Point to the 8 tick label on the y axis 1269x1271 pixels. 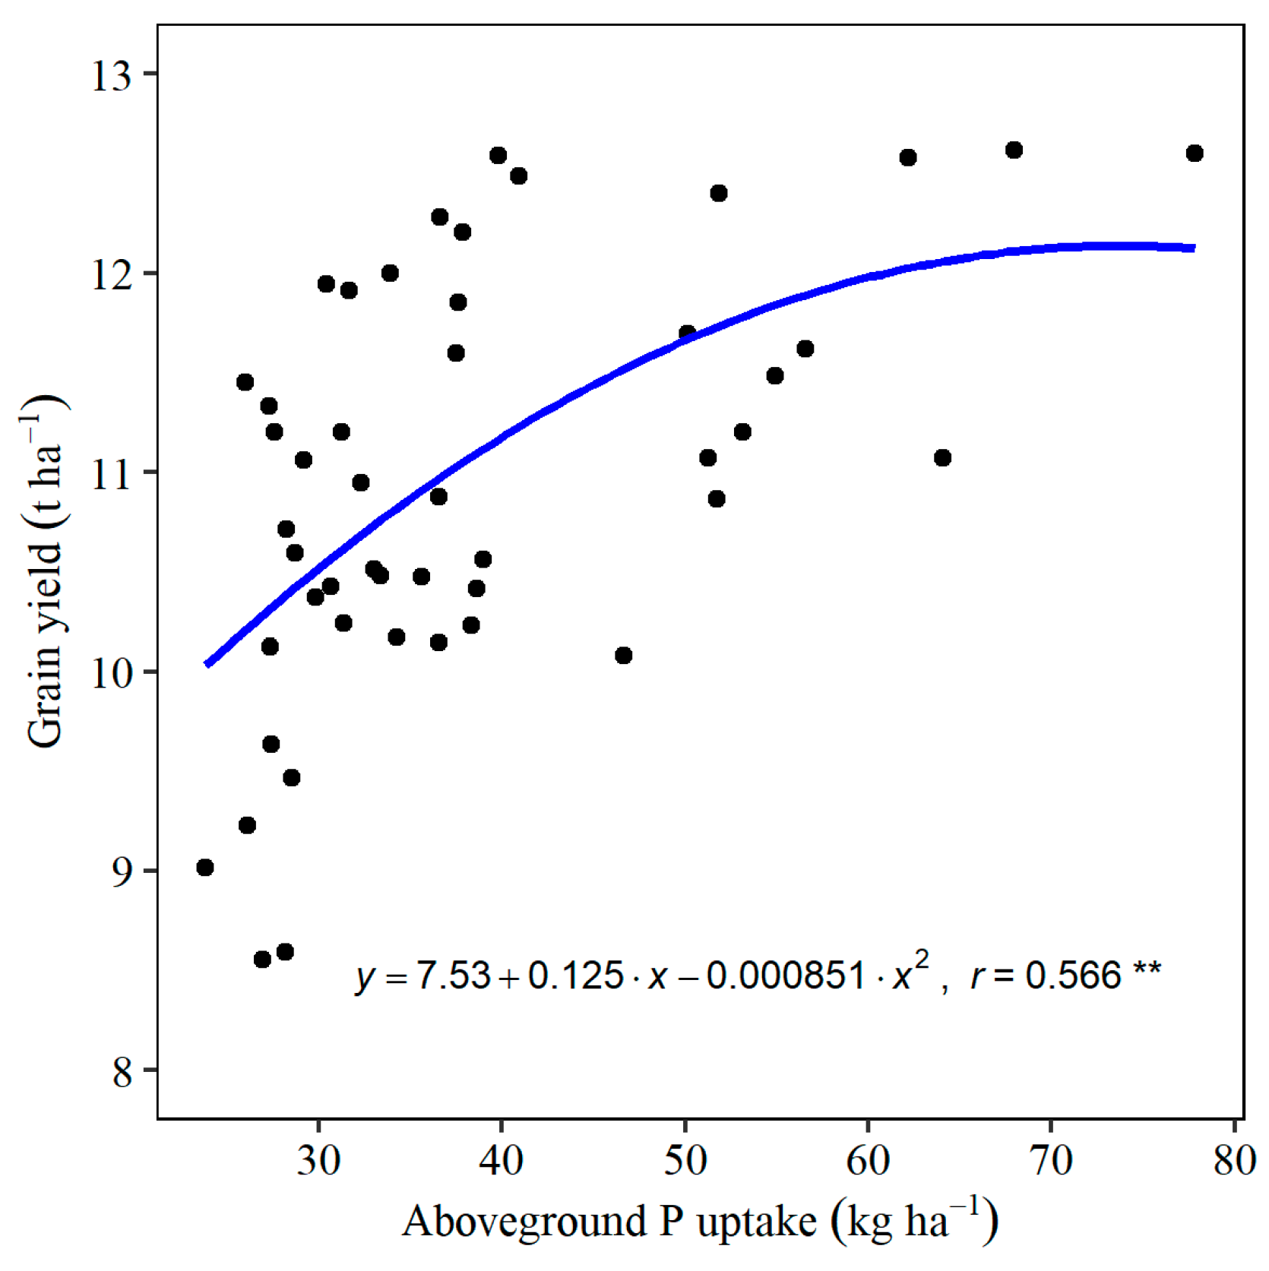point(122,1072)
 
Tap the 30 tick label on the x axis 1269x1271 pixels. point(318,1161)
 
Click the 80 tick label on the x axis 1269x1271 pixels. point(1234,1161)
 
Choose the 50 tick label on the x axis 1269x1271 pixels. point(685,1161)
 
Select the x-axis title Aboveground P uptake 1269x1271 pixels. point(699,1222)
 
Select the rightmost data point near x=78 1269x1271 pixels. point(1195,153)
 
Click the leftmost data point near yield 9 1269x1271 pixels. point(204,868)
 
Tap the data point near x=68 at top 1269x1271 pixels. point(1014,150)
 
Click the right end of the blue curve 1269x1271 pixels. point(1194,248)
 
